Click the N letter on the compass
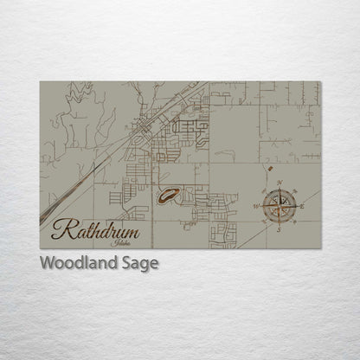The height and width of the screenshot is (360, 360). [x=280, y=183]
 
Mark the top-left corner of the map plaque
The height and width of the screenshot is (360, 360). [x=40, y=81]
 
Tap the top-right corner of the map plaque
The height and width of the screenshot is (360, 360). [x=320, y=81]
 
